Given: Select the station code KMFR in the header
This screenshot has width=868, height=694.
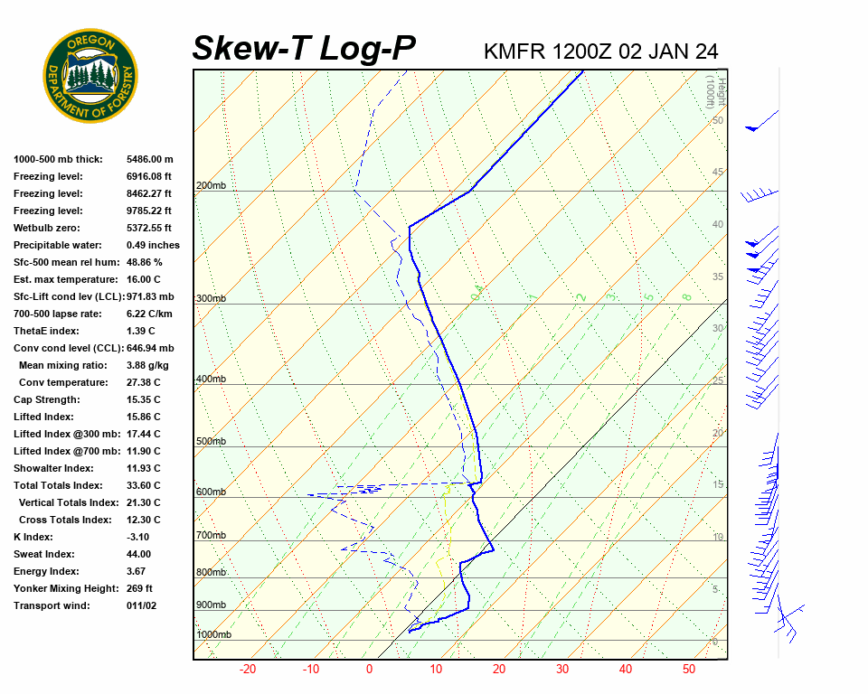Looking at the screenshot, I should coord(514,52).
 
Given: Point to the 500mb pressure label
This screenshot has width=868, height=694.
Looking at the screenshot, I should coord(211,442).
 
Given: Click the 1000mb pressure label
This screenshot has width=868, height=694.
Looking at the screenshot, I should coord(213,635).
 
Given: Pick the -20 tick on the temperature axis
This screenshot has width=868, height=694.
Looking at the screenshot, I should coord(248,670).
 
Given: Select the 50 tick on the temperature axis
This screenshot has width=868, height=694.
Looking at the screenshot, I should coord(689,670).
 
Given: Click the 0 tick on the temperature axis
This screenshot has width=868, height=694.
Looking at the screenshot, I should coord(369,670).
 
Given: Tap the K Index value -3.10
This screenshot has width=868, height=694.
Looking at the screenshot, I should coord(137,537).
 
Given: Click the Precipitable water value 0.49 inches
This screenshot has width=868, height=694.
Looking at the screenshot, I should coord(153,245).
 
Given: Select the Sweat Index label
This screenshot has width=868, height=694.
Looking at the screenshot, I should coord(45,554).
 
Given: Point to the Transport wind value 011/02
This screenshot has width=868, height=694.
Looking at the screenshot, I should coord(141,605).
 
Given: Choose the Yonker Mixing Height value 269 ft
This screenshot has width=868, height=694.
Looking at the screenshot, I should coord(139,588).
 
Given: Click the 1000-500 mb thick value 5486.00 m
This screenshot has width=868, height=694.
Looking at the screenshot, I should coord(149,159).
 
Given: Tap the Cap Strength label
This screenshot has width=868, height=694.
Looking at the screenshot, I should coord(47,399).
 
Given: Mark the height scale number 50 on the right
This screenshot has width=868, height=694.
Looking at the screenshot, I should coord(717,120).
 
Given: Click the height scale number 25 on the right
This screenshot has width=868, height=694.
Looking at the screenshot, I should coord(717,380).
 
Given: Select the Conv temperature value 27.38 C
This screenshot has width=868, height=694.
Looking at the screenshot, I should coord(143,382).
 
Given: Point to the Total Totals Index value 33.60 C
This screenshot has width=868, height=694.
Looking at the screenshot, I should coord(143,485).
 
